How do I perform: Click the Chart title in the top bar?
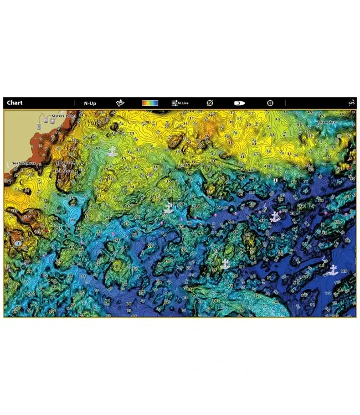(x=15, y=103)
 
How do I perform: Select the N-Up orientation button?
(x=90, y=103)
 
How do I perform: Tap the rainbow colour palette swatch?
(x=150, y=103)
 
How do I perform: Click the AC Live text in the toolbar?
(x=184, y=103)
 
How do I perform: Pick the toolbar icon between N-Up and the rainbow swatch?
(x=120, y=103)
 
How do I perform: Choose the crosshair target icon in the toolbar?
(x=270, y=103)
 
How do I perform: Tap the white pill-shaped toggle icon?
(x=239, y=103)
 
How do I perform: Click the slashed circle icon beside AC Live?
(x=210, y=103)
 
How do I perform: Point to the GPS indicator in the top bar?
(x=352, y=103)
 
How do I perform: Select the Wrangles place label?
(x=328, y=120)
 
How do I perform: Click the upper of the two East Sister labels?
(x=66, y=163)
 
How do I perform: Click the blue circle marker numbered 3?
(x=19, y=243)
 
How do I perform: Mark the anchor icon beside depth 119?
(x=333, y=269)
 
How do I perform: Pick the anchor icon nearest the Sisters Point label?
(x=112, y=151)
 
